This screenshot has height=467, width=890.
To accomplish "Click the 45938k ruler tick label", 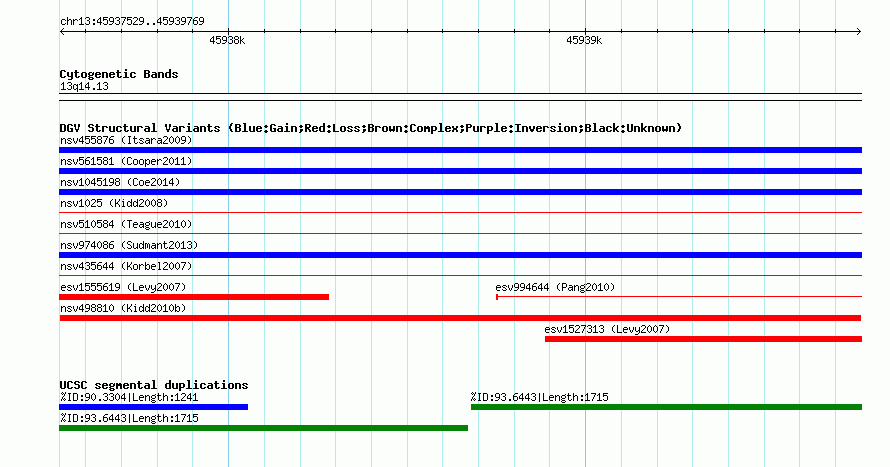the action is coord(227,40).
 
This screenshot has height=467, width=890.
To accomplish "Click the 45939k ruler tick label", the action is coord(584,40).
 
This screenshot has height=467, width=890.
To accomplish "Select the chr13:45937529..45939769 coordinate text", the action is coord(132,22).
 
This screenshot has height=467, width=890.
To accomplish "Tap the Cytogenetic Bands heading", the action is coord(119,74).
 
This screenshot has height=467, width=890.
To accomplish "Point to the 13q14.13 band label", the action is coord(84,86).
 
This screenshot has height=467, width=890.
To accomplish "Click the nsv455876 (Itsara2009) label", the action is coord(126,140).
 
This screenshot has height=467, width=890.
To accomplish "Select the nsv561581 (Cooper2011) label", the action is coord(126,161).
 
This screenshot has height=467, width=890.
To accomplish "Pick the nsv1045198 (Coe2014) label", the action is coord(120,182).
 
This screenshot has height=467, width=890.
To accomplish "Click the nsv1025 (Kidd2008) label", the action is coord(114,203).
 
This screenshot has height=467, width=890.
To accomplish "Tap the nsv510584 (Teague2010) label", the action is coord(126,224).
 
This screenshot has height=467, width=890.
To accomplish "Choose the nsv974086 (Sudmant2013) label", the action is coord(129,245).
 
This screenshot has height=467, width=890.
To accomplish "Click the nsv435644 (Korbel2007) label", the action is coord(126,266).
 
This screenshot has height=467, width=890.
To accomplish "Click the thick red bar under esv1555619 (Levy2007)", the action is coord(194,297).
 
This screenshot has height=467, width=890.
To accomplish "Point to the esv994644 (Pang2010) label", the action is coord(555,287).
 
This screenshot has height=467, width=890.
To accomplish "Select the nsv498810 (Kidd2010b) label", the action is coord(123,308).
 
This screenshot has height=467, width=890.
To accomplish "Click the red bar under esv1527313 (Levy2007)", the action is coord(703,339).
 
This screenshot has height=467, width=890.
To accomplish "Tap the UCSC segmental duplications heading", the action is coord(154,385).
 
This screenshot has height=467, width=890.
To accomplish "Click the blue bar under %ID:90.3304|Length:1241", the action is coord(153,407).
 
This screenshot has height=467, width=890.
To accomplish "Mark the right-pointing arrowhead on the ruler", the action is coord(859,31).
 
